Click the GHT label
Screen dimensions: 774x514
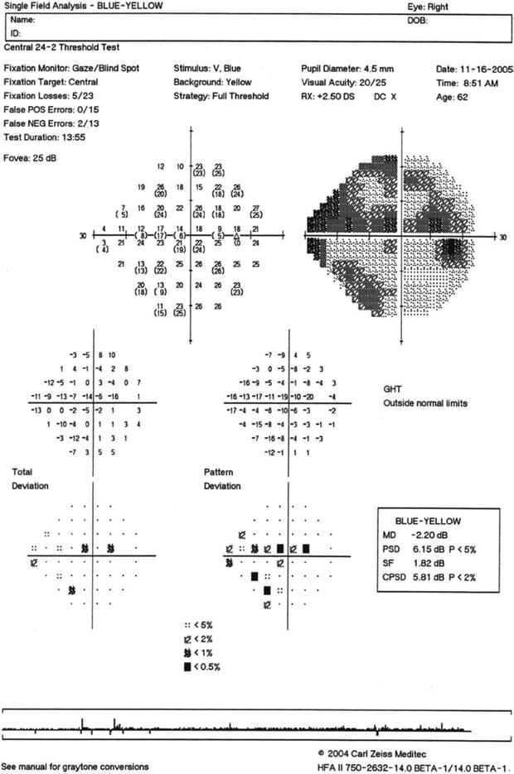[391, 387]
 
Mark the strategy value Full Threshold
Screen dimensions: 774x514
[241, 96]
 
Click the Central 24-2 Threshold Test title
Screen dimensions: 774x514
[56, 46]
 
